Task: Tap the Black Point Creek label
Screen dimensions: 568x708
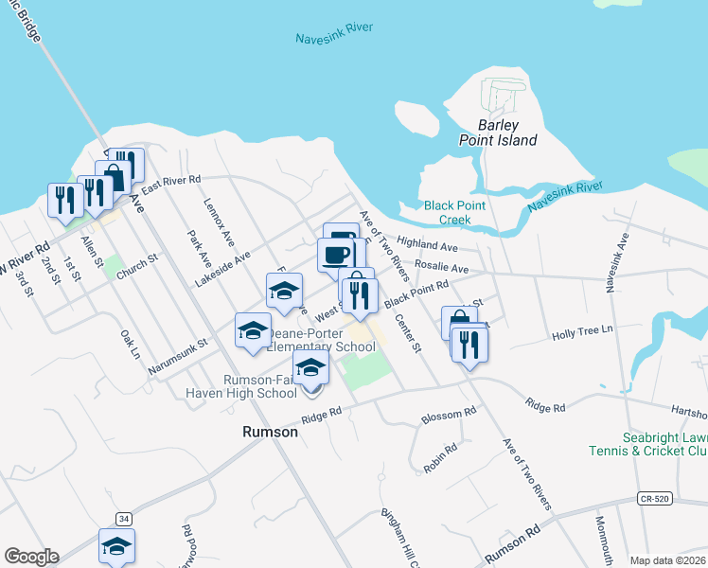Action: pos(454,212)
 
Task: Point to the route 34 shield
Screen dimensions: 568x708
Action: pos(124,518)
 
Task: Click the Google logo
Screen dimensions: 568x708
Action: pos(32,556)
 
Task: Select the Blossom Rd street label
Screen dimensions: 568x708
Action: pos(449,415)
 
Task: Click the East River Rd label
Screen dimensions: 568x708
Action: pos(170,184)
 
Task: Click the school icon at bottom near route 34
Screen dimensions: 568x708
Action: pos(116,545)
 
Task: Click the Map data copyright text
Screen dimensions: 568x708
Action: pos(668,560)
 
